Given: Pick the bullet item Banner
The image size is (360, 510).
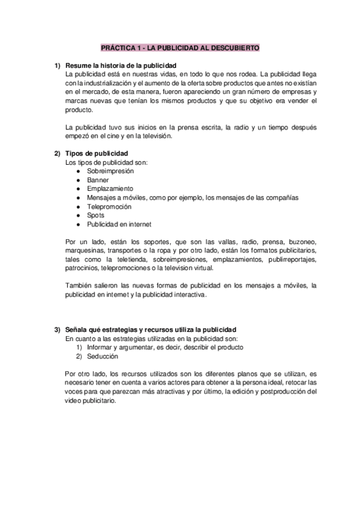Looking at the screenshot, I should [97, 180].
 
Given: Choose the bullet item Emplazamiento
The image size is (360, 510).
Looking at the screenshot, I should [110, 188].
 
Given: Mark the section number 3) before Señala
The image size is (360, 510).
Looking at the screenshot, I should [57, 330].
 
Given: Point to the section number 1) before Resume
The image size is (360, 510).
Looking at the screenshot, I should [57, 65].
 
